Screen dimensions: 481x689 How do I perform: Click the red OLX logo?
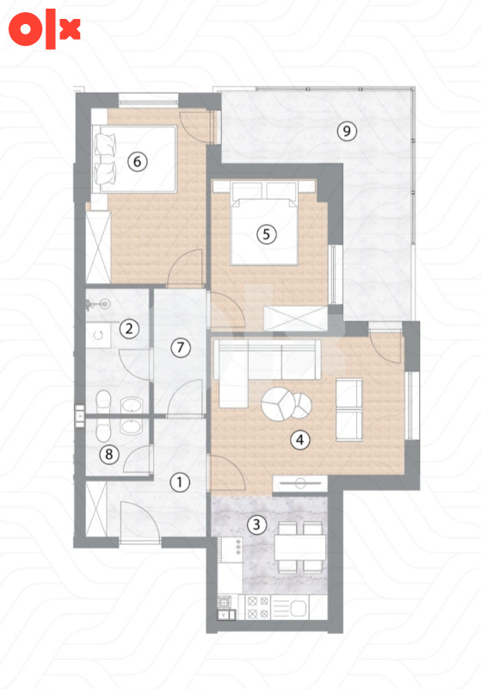45,29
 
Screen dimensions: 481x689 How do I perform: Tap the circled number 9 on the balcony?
347,131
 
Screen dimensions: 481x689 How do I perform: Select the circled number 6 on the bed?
138,162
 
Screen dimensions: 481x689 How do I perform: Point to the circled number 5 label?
267,234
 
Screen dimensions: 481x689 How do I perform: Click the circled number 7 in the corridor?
181,348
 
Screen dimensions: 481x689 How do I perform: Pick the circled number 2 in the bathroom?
129,328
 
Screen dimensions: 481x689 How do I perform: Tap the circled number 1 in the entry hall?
180,482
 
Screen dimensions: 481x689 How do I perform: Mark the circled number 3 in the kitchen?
256,525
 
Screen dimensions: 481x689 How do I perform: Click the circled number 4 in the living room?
300,439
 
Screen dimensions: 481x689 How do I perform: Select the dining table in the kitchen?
300,548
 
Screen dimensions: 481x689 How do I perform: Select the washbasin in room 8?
131,426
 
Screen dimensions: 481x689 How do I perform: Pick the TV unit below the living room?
300,483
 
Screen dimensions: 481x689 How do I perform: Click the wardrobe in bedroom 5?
296,318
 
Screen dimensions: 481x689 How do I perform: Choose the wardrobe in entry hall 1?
96,508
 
